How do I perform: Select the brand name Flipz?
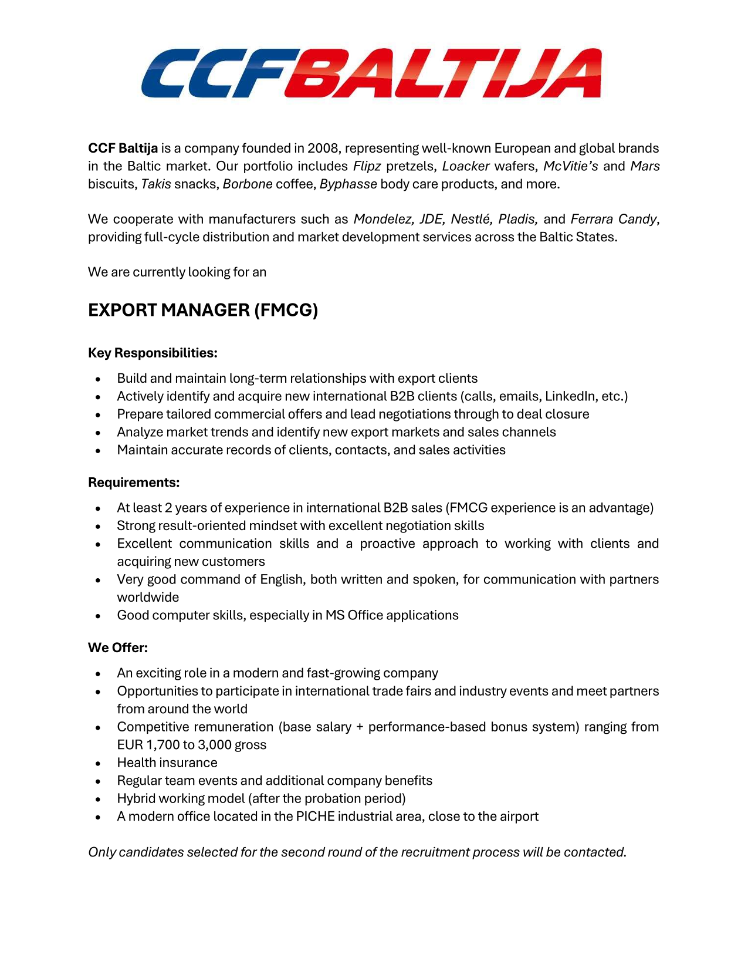367,166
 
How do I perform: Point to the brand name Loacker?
466,166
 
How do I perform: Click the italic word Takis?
156,184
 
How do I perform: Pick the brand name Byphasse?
348,184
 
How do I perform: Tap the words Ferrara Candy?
614,220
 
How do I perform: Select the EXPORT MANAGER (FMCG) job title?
203,310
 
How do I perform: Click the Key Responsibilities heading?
153,353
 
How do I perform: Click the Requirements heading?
134,483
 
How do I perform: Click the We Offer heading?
118,647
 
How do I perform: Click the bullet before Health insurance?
98,763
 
